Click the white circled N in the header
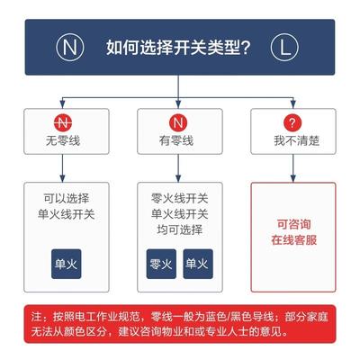coord(69,48)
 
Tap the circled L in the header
coord(284,48)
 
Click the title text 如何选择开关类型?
coord(178,48)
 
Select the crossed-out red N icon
coord(63,122)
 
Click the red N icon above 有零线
coord(178,122)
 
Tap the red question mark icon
coord(292,122)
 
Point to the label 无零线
coord(63,140)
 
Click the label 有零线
coord(176,140)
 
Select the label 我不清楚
coord(296,140)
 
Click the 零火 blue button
coord(161,264)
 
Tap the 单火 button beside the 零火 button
coord(198,264)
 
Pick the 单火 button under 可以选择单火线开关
coord(67,264)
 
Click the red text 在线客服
coord(294,240)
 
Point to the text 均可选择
coord(180,229)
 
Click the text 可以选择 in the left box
coord(67,198)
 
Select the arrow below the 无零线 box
coord(62,168)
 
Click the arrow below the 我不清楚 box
coord(293,168)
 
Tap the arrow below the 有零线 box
coord(178,168)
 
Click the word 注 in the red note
coord(36,317)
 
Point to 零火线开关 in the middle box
coord(180,198)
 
